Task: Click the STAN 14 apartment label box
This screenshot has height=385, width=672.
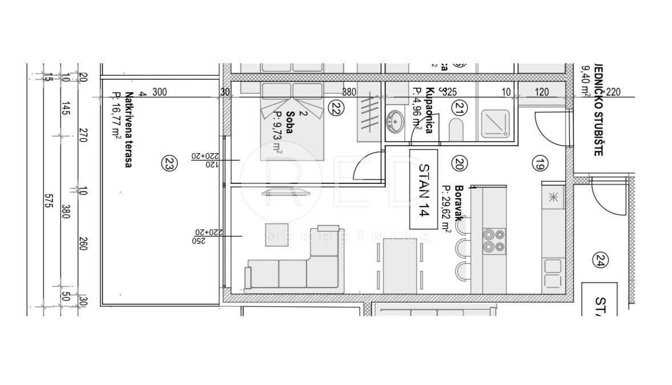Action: point(423,189)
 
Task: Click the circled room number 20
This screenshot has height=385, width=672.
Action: point(459,164)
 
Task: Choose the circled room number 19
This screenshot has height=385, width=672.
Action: point(540,164)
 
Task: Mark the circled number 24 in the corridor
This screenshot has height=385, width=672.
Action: point(600,260)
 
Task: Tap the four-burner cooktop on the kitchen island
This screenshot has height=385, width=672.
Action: point(494,240)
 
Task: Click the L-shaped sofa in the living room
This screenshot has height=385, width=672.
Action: point(294,265)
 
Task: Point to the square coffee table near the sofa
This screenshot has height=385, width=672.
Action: point(274,234)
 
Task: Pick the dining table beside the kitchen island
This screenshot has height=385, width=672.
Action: point(400,265)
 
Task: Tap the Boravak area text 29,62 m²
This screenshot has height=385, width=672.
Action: point(446,209)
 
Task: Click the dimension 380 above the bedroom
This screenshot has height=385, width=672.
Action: point(349,92)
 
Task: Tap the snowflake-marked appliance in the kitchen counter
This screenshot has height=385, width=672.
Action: point(552,198)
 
